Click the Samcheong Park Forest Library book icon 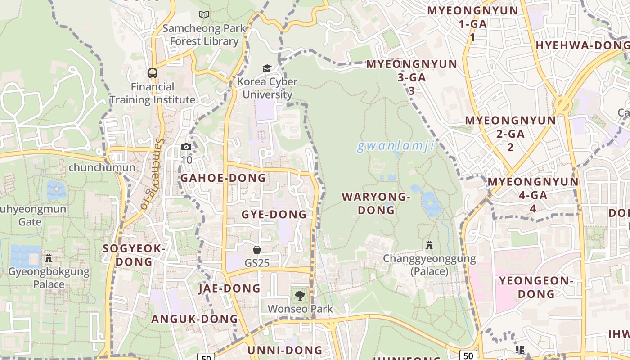[x=204, y=14]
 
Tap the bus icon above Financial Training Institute [x=153, y=73]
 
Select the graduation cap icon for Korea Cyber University [x=267, y=68]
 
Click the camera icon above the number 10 [x=186, y=147]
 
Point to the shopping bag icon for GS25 [x=257, y=249]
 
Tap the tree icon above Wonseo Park [x=300, y=296]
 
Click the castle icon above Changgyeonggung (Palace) [x=429, y=245]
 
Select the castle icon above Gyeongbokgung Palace [x=49, y=258]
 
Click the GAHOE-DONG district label [x=223, y=178]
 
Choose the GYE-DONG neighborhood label [x=274, y=214]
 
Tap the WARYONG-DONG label [x=376, y=203]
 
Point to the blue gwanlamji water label [x=396, y=146]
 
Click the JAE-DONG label [x=229, y=288]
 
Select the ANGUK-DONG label [x=194, y=319]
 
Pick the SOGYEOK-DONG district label [x=134, y=255]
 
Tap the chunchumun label [x=102, y=167]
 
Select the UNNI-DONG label [x=285, y=350]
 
